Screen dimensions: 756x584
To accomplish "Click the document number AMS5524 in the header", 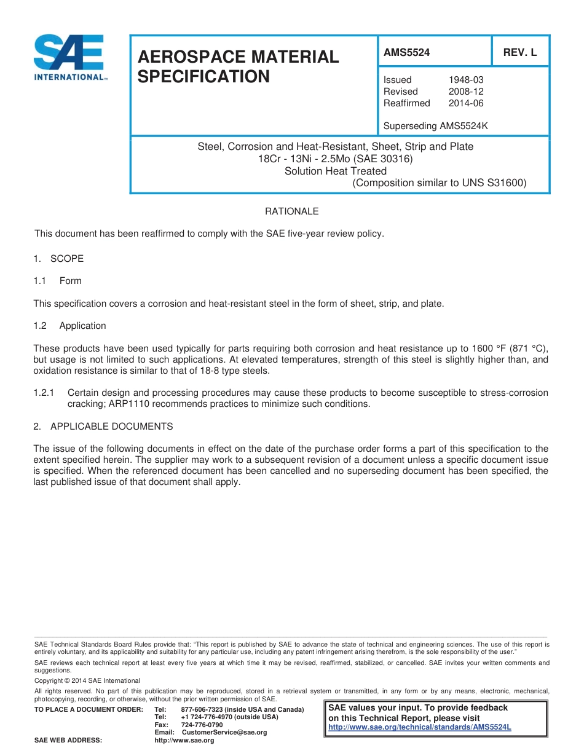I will coord(406,53).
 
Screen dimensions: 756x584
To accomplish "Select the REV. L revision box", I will coord(520,53).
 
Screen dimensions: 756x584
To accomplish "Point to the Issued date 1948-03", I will coord(466,80).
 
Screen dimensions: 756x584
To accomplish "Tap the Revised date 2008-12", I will coord(466,92).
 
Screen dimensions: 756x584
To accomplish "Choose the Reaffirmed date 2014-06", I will coord(466,103).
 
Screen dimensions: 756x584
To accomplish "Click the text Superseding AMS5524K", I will coord(435,126).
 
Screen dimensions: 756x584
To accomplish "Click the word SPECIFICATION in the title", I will coord(203,77).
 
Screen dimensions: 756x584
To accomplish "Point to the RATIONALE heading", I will coord(291,211).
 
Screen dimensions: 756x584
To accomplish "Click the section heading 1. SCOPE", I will coord(59,259).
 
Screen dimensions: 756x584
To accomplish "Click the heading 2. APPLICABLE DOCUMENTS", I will coord(103,427).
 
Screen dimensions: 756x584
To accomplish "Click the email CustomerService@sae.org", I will coord(224,733).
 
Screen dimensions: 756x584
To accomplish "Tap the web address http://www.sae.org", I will coord(184,741).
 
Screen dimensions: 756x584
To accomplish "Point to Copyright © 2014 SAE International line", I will coord(87,680).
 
